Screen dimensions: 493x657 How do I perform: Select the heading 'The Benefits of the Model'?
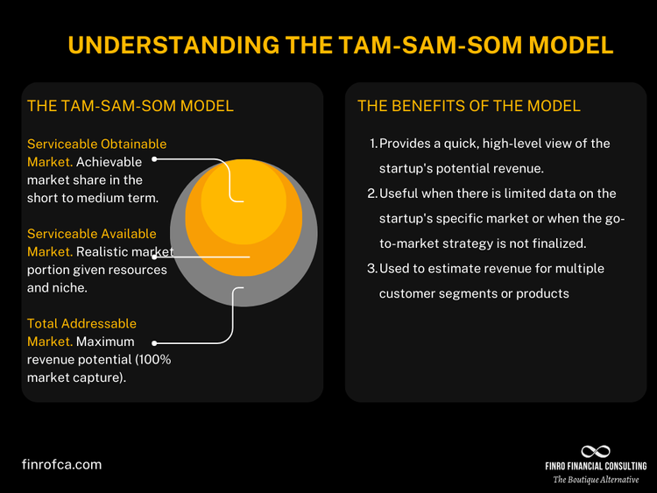pos(469,106)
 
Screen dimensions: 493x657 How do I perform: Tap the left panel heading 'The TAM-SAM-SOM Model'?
pos(131,106)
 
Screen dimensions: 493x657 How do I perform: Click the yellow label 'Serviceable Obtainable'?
pos(96,144)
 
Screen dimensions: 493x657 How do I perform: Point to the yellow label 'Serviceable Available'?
pos(92,234)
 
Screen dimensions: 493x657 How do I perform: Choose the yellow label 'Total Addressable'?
pos(82,324)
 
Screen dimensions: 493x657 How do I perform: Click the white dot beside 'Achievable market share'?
pos(155,159)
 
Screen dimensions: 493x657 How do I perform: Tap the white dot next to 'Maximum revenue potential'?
pos(155,342)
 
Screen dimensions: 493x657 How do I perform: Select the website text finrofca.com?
pos(61,464)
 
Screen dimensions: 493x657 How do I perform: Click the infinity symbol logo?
pos(596,451)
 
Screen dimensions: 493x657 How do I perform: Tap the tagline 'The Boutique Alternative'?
pos(596,480)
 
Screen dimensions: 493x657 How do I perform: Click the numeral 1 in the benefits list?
pos(372,144)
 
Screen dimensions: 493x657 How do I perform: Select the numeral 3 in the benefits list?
pos(372,268)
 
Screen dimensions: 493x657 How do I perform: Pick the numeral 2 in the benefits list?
pos(372,193)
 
